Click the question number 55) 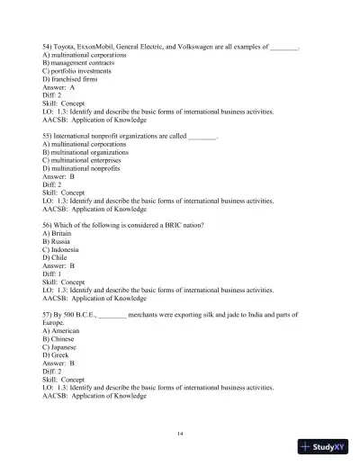(x=49, y=138)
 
